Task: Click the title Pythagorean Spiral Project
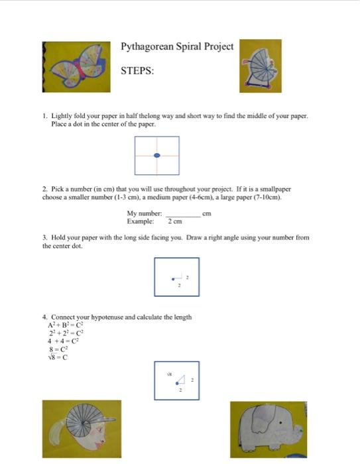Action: pyautogui.click(x=177, y=46)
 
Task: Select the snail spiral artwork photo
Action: pyautogui.click(x=260, y=64)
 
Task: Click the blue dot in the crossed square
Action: pyautogui.click(x=157, y=155)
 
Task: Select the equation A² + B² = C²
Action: pyautogui.click(x=64, y=325)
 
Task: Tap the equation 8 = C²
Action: pyautogui.click(x=60, y=349)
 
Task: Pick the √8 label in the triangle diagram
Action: pyautogui.click(x=170, y=375)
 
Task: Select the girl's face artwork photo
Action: pyautogui.click(x=82, y=428)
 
